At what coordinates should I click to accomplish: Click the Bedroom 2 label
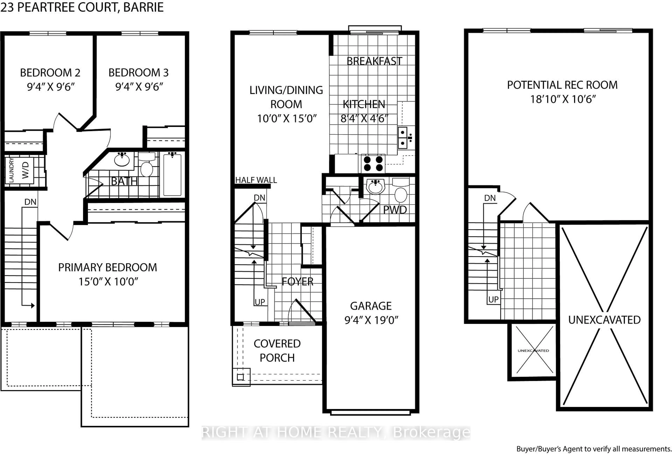(50, 73)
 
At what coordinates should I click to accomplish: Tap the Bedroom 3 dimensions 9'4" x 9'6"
(139, 87)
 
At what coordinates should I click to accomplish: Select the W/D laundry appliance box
(25, 170)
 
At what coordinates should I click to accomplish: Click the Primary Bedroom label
(108, 267)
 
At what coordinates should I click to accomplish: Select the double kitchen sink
(402, 138)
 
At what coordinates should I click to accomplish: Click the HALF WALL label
(256, 180)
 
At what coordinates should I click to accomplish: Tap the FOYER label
(297, 281)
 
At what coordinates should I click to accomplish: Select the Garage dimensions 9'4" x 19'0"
(371, 320)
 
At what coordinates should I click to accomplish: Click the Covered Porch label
(277, 351)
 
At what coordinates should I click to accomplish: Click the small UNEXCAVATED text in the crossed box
(533, 351)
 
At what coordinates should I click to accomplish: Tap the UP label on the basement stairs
(493, 299)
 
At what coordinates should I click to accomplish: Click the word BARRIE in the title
(143, 7)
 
